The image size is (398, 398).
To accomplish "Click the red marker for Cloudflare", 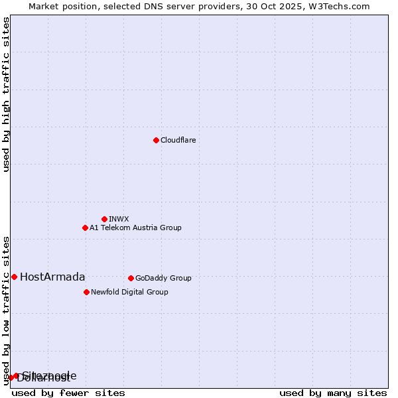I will click(x=156, y=140).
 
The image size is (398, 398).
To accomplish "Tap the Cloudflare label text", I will click(x=178, y=140).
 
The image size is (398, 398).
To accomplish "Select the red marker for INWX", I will click(x=104, y=219).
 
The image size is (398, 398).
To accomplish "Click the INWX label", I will click(x=119, y=219).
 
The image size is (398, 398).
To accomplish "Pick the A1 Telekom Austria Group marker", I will click(x=85, y=228).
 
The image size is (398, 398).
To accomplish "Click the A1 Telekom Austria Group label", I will click(x=135, y=228).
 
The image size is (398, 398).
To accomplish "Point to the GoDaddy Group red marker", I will click(x=131, y=278).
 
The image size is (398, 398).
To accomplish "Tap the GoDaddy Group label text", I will click(x=163, y=278).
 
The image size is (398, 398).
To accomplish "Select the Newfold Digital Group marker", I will click(x=86, y=292).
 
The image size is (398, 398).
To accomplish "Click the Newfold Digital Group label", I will click(x=129, y=292).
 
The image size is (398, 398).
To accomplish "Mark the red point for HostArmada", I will click(x=14, y=277).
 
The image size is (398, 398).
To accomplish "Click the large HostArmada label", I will click(x=52, y=277).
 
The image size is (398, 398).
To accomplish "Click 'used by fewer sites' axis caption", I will click(x=68, y=393).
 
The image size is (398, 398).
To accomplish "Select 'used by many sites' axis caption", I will click(x=333, y=393).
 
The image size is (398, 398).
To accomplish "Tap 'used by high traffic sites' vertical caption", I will click(x=7, y=94).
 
